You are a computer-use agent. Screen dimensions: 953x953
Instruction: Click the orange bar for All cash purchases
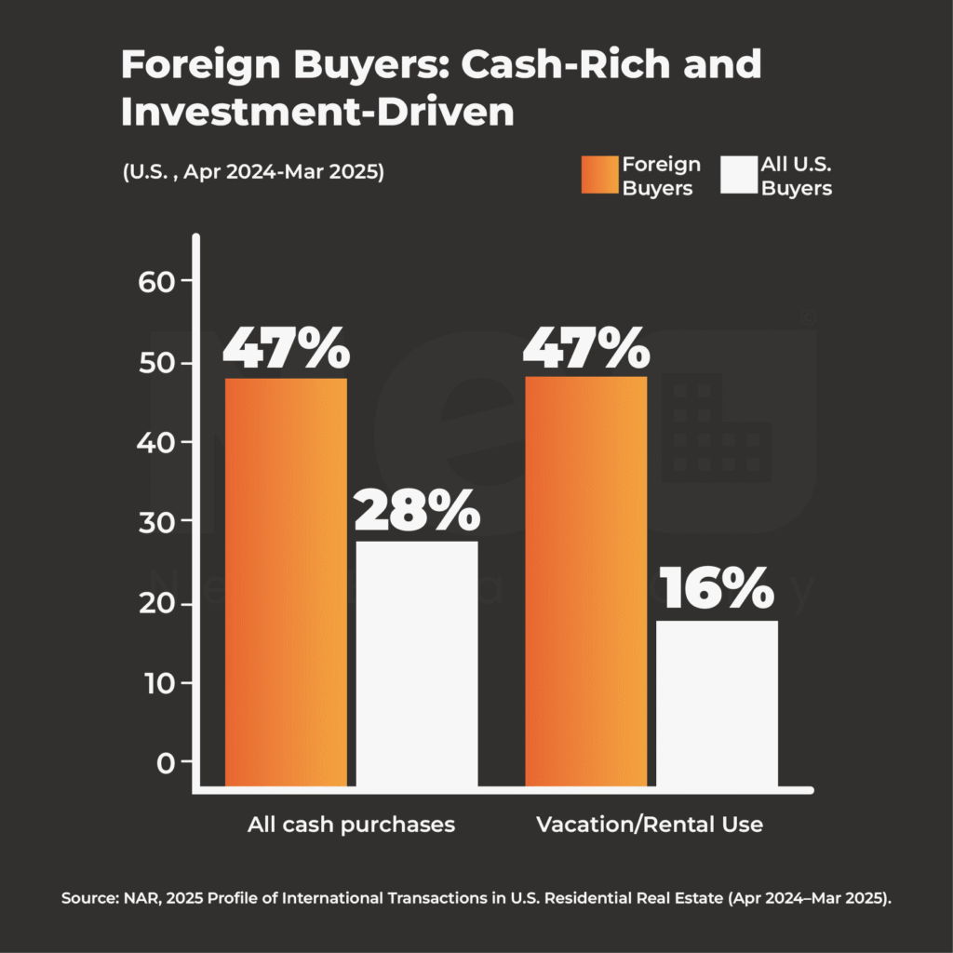coord(286,583)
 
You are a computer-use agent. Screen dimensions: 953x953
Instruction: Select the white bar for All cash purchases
coord(417,664)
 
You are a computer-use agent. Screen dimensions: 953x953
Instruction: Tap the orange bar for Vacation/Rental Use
coord(586,582)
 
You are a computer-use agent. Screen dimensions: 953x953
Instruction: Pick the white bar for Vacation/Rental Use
coord(718,704)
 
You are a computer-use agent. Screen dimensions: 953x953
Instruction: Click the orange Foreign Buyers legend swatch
coord(599,175)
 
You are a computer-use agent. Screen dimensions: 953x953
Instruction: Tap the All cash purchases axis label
coord(351,825)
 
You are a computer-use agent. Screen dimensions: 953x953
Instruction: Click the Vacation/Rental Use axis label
coord(650,825)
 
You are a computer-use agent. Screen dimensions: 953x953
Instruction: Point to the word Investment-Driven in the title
coord(317,113)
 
